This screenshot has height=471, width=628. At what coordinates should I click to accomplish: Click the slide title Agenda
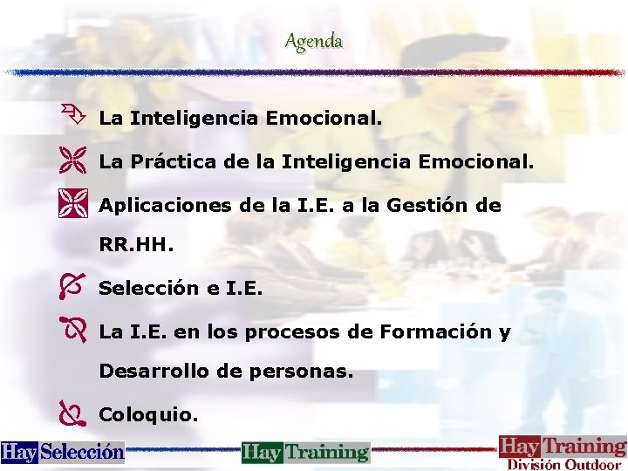313,41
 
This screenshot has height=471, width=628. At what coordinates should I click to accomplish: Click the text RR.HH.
136,246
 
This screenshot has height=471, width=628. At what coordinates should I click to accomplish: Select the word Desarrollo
150,372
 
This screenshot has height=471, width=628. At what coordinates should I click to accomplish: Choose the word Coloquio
148,414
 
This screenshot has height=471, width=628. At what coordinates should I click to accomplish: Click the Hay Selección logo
63,452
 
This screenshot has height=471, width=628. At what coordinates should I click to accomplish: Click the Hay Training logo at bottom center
305,452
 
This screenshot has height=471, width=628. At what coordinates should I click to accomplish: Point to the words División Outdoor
563,464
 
